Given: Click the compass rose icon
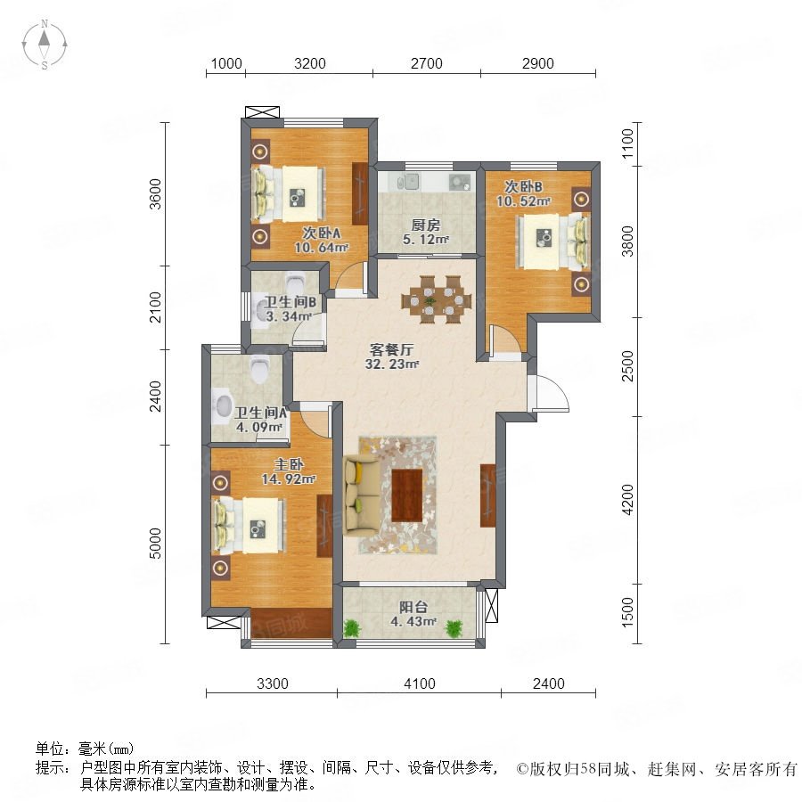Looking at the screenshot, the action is tap(45, 45).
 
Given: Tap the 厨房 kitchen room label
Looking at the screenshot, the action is tap(426, 225).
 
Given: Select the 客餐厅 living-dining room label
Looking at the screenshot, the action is tap(391, 350).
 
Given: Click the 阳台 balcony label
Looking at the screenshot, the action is tap(413, 607).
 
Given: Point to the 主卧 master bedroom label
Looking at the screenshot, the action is tap(289, 464).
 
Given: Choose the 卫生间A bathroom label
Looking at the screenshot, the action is tap(260, 413).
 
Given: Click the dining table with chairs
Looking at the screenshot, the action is tap(436, 299).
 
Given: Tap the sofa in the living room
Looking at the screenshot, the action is tap(362, 495).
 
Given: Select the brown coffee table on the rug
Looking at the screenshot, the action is tap(406, 495).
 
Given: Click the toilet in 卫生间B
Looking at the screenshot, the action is tap(295, 282).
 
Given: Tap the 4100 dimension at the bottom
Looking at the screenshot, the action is tap(420, 683).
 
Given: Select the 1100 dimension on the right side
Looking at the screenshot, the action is tap(627, 143).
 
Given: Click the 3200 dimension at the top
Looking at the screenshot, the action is tap(310, 63).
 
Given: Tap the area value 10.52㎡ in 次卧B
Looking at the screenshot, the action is tap(523, 201).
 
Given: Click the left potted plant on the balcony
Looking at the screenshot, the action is tap(351, 627).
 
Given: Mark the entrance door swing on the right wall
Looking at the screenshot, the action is tap(552, 393).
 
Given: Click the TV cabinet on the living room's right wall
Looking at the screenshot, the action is tap(488, 495).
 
